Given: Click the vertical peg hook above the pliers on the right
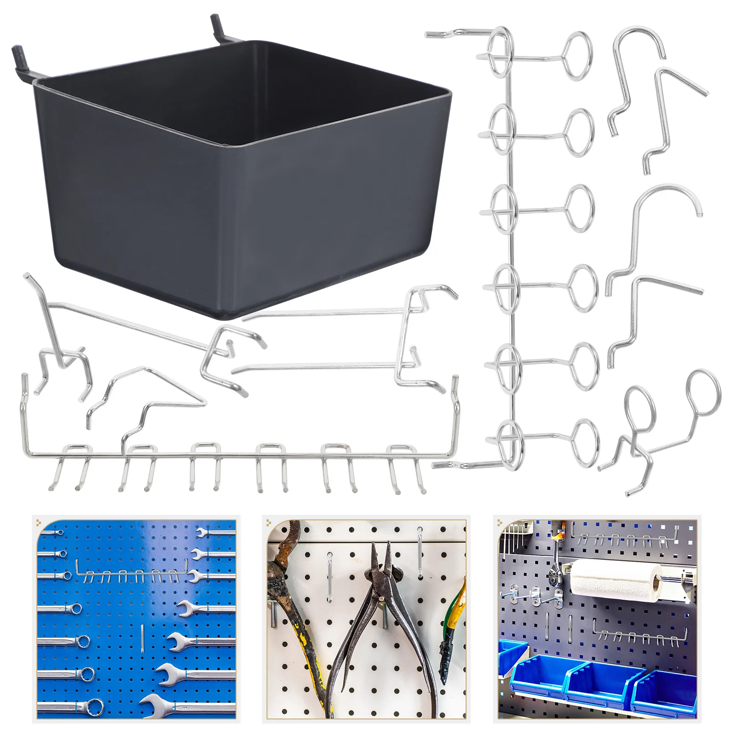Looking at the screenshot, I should click(x=420, y=551).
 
